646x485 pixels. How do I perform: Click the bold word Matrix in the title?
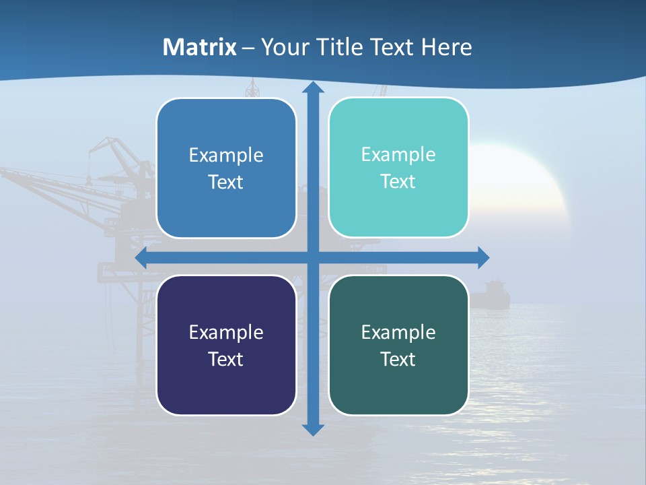pos(200,47)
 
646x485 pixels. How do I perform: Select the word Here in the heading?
pos(446,47)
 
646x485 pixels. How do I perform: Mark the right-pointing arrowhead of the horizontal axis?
pos(482,258)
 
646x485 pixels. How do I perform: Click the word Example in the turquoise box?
pos(398,155)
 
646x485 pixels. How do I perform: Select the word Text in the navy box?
pos(225,359)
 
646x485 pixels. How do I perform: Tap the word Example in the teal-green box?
pos(398,332)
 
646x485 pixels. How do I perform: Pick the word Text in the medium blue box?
pos(225,182)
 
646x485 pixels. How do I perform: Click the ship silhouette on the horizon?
pos(489,295)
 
